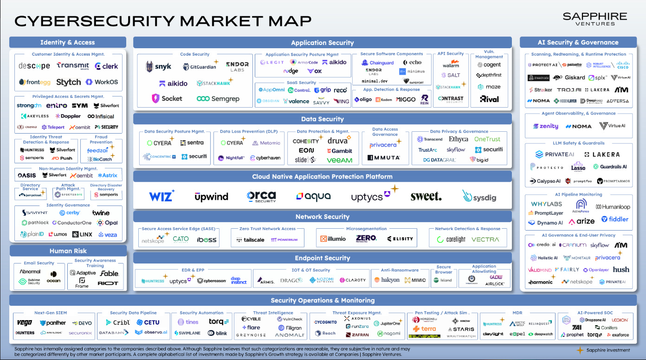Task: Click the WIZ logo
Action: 161,196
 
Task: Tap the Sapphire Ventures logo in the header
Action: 594,19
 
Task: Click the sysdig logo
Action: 479,197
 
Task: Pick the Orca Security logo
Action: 261,196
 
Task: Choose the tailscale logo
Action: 250,239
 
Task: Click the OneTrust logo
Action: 487,139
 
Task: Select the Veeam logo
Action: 339,160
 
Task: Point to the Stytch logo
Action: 68,82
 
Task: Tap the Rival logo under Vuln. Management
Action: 489,99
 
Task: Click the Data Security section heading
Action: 322,119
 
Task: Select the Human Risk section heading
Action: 68,251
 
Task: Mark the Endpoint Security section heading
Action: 322,258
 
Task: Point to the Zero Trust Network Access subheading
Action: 267,229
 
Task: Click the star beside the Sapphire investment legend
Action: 580,350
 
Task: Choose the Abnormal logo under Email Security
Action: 30,271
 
